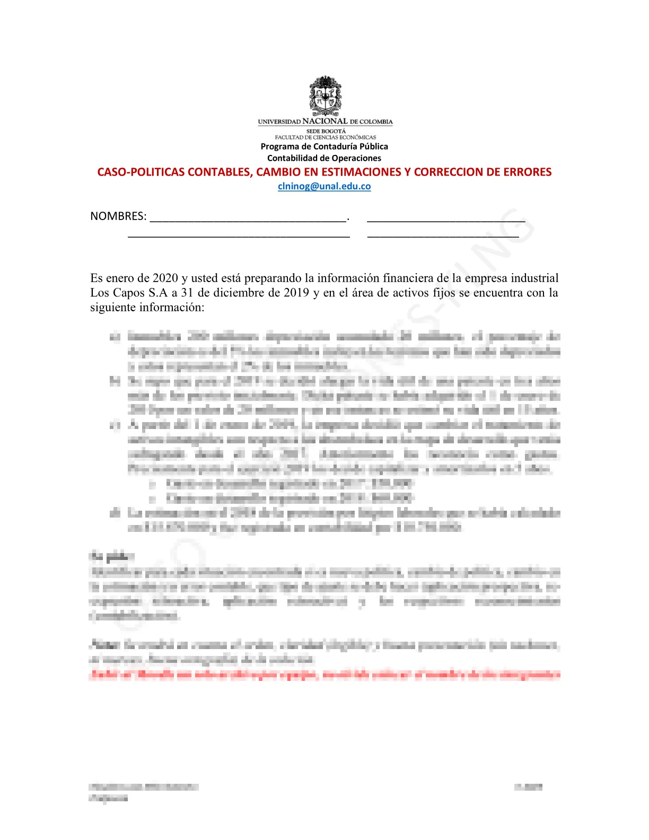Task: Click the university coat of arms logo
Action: tap(325, 95)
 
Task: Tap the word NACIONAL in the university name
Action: tap(325, 121)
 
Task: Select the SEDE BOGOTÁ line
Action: tap(326, 131)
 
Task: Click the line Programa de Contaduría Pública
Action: tap(324, 146)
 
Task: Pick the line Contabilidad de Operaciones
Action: tap(324, 158)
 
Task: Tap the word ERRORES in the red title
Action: tap(528, 172)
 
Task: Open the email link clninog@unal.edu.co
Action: tap(324, 186)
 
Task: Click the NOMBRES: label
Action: tap(118, 216)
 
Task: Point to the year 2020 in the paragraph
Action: tap(165, 278)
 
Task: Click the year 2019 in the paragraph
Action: tap(296, 293)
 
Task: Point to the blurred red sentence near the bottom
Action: tap(324, 675)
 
